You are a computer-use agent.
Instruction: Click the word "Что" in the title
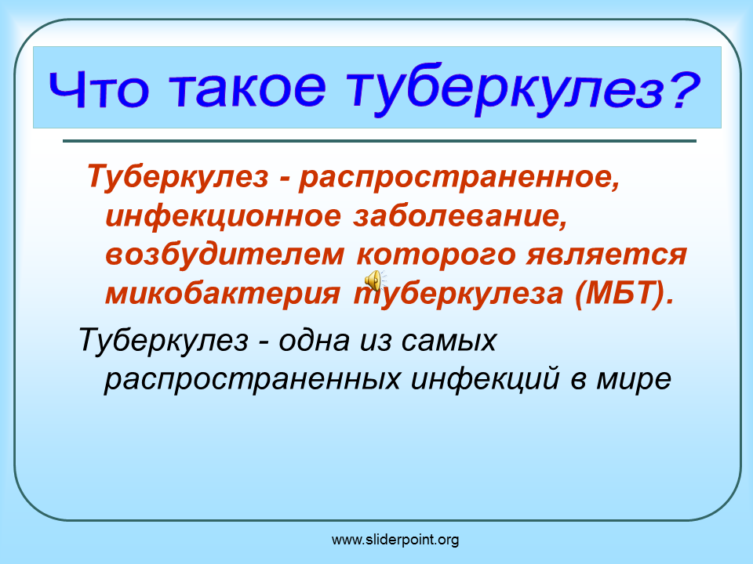(x=99, y=89)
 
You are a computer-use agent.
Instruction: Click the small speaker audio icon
(x=373, y=280)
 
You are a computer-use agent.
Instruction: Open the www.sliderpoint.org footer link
(x=395, y=540)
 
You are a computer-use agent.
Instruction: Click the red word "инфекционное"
(x=224, y=217)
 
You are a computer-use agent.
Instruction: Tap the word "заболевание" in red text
(x=460, y=216)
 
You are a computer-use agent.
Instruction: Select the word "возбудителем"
(x=225, y=254)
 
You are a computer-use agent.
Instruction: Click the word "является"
(x=606, y=255)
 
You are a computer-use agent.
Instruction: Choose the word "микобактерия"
(x=223, y=293)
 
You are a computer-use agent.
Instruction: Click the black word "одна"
(x=314, y=341)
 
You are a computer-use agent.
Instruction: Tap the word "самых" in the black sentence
(x=448, y=342)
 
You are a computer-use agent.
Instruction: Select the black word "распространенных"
(x=252, y=380)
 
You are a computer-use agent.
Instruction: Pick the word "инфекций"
(x=485, y=379)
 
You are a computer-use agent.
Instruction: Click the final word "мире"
(x=634, y=380)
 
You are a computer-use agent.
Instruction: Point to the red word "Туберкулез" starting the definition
(x=177, y=175)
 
